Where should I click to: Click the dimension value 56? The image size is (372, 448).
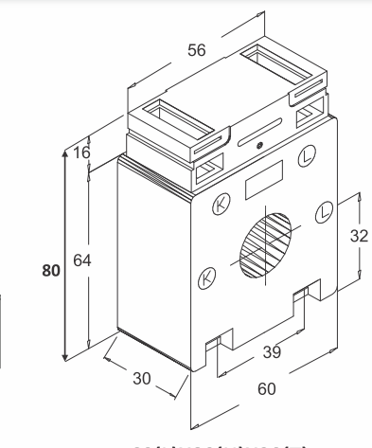point(197,50)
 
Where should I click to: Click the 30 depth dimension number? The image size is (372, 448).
point(143,378)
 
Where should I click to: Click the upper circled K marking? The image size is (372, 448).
point(221,203)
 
